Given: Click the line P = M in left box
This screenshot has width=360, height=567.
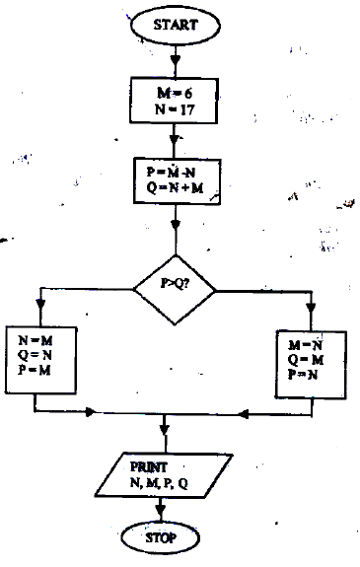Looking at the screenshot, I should [x=36, y=369].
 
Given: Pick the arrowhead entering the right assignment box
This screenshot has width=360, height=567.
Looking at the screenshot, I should [x=313, y=324].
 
